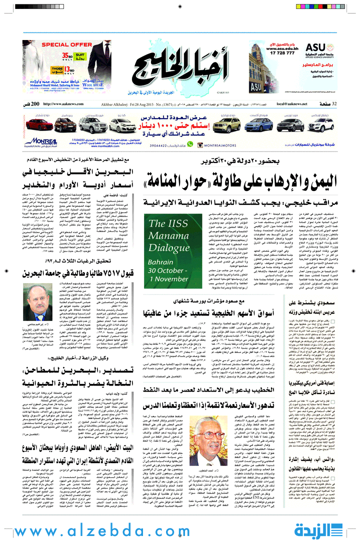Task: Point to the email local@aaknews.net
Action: point(295,103)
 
